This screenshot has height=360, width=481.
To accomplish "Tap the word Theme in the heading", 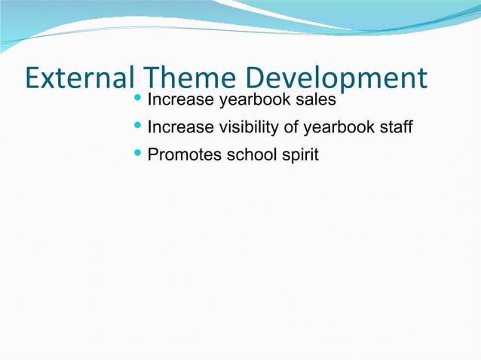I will coord(189,78).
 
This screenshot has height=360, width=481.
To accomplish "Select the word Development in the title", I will coord(336,79).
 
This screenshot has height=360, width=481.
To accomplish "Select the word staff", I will coord(396,127).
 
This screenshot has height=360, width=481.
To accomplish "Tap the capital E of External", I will coord(32,78).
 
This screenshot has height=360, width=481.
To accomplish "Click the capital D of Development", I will coord(256,78).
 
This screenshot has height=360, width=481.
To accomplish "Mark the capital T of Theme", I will coord(150,78).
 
